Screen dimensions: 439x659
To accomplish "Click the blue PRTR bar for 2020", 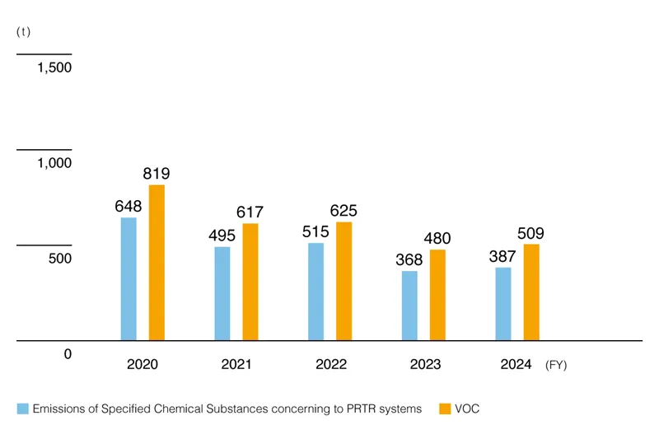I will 129,278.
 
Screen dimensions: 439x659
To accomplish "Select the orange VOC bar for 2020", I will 157,262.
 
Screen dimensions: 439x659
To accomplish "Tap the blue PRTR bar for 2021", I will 222,293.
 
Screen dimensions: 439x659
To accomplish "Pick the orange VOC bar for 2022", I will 344,281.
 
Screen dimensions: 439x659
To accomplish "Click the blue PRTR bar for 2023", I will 409,305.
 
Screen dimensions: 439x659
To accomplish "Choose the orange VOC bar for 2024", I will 531,292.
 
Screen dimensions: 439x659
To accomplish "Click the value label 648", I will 129,206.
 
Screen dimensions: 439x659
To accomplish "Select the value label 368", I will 409,259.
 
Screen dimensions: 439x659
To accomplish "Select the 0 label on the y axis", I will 68,354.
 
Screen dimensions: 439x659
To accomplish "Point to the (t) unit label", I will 23,31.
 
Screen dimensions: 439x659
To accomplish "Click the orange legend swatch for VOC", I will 445,409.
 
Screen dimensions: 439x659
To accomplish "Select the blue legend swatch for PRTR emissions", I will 23,409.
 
